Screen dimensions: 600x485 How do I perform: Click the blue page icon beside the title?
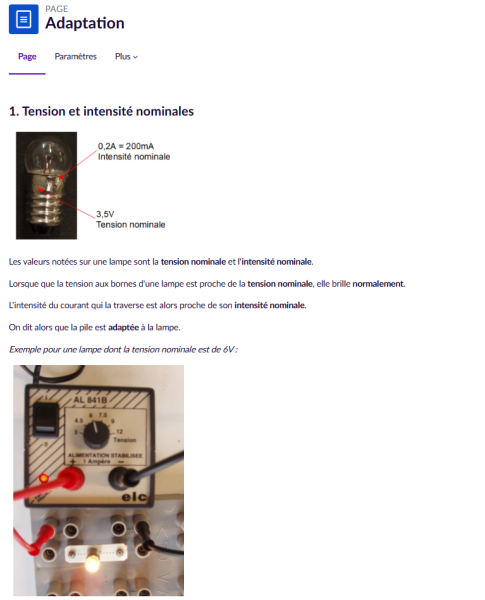[24, 20]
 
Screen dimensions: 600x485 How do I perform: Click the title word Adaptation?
[85, 23]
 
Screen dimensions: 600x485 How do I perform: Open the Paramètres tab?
[75, 56]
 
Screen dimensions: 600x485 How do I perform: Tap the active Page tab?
[27, 56]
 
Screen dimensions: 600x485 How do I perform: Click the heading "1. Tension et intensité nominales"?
[101, 111]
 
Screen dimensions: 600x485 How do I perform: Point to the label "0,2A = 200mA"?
[125, 147]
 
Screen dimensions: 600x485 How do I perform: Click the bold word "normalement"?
[378, 284]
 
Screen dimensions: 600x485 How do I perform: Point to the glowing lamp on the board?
[94, 561]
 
